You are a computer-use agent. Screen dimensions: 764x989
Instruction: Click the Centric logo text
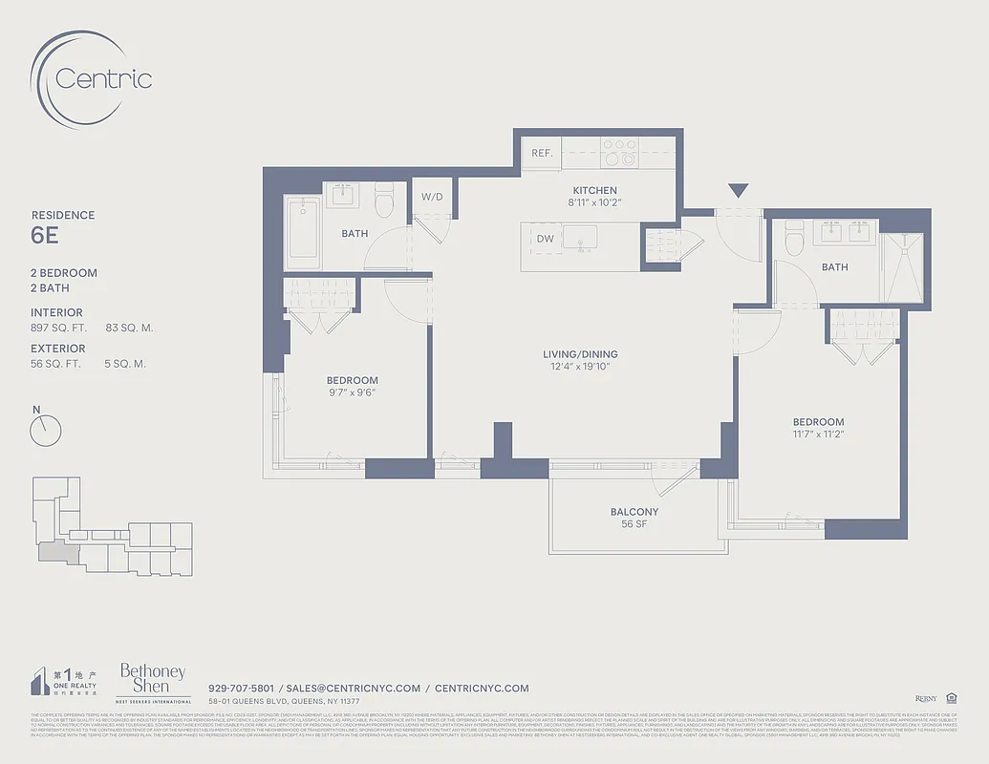click(x=103, y=78)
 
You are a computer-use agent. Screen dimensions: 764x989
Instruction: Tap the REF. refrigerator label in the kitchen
click(x=543, y=153)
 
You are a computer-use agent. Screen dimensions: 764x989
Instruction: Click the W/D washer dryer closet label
click(x=432, y=197)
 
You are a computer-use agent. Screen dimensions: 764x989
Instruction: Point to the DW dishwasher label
click(x=545, y=239)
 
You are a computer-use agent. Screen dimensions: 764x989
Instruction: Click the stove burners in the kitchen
click(x=618, y=153)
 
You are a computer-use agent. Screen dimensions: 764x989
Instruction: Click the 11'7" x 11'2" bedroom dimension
click(x=818, y=435)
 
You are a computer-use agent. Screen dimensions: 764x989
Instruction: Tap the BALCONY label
click(x=634, y=512)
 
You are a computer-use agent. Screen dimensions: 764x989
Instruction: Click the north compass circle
click(x=45, y=432)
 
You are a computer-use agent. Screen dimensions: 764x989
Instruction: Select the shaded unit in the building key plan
click(x=54, y=551)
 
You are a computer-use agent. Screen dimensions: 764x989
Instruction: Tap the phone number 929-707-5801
click(x=241, y=688)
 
